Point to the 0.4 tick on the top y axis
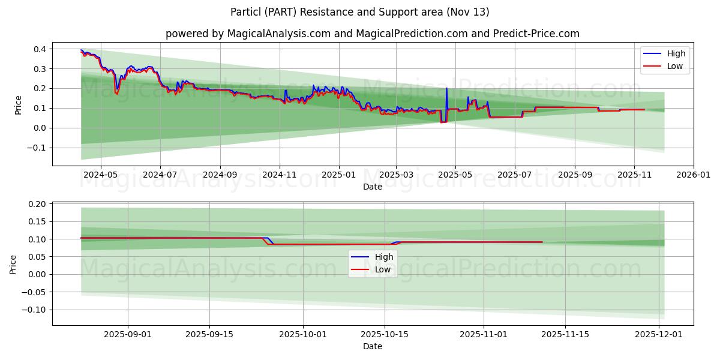41,49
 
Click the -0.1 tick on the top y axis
39,148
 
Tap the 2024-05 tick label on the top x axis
100,175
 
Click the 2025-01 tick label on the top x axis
339,175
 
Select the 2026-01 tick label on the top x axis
694,175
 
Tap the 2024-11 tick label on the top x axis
280,175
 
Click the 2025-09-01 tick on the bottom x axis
127,334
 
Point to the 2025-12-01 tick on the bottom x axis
659,334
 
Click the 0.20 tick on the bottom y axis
38,204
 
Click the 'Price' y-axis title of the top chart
18,105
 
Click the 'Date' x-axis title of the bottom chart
372,346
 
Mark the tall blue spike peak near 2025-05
446,88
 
